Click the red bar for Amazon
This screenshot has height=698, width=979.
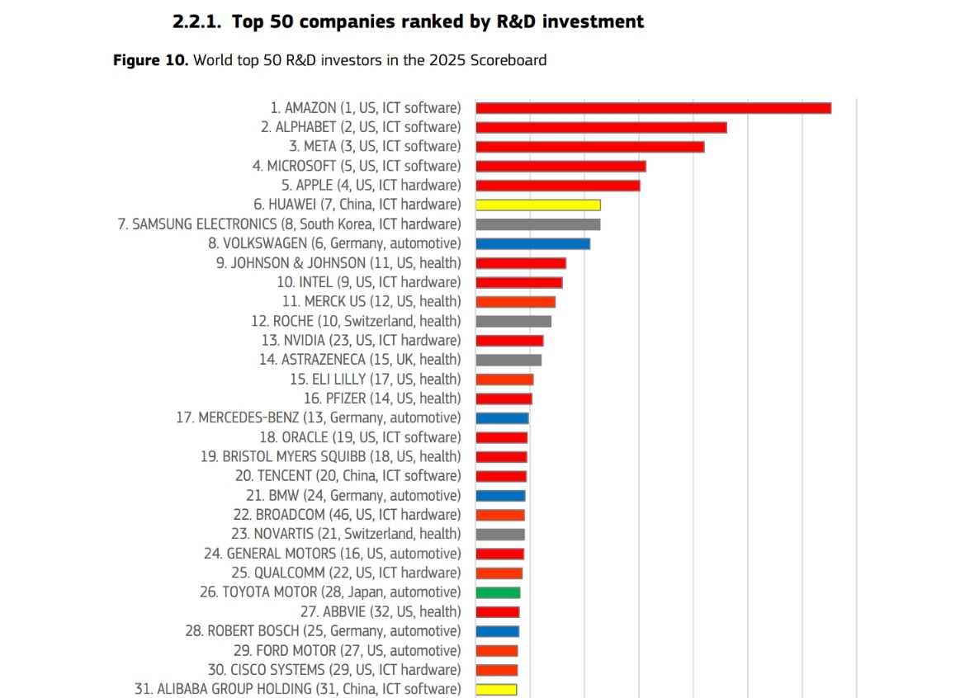click(653, 108)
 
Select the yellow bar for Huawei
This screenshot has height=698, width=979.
click(538, 205)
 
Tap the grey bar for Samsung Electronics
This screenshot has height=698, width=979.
click(538, 224)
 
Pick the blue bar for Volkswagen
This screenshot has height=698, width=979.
click(533, 243)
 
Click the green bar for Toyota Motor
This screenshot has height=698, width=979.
click(498, 592)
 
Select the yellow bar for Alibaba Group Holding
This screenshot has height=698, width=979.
click(496, 689)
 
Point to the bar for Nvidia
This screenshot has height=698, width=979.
click(509, 341)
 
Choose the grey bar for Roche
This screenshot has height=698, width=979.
click(513, 321)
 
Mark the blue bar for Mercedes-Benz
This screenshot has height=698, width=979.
click(502, 418)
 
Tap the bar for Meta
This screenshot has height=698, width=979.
click(590, 147)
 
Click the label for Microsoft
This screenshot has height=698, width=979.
click(357, 166)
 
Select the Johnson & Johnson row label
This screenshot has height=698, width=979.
click(338, 263)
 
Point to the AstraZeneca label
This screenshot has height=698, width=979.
click(360, 360)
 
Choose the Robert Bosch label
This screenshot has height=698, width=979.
click(323, 631)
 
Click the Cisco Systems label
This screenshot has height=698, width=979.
click(334, 670)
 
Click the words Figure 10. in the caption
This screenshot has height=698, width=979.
click(149, 60)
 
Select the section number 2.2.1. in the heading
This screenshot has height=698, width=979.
click(197, 22)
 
